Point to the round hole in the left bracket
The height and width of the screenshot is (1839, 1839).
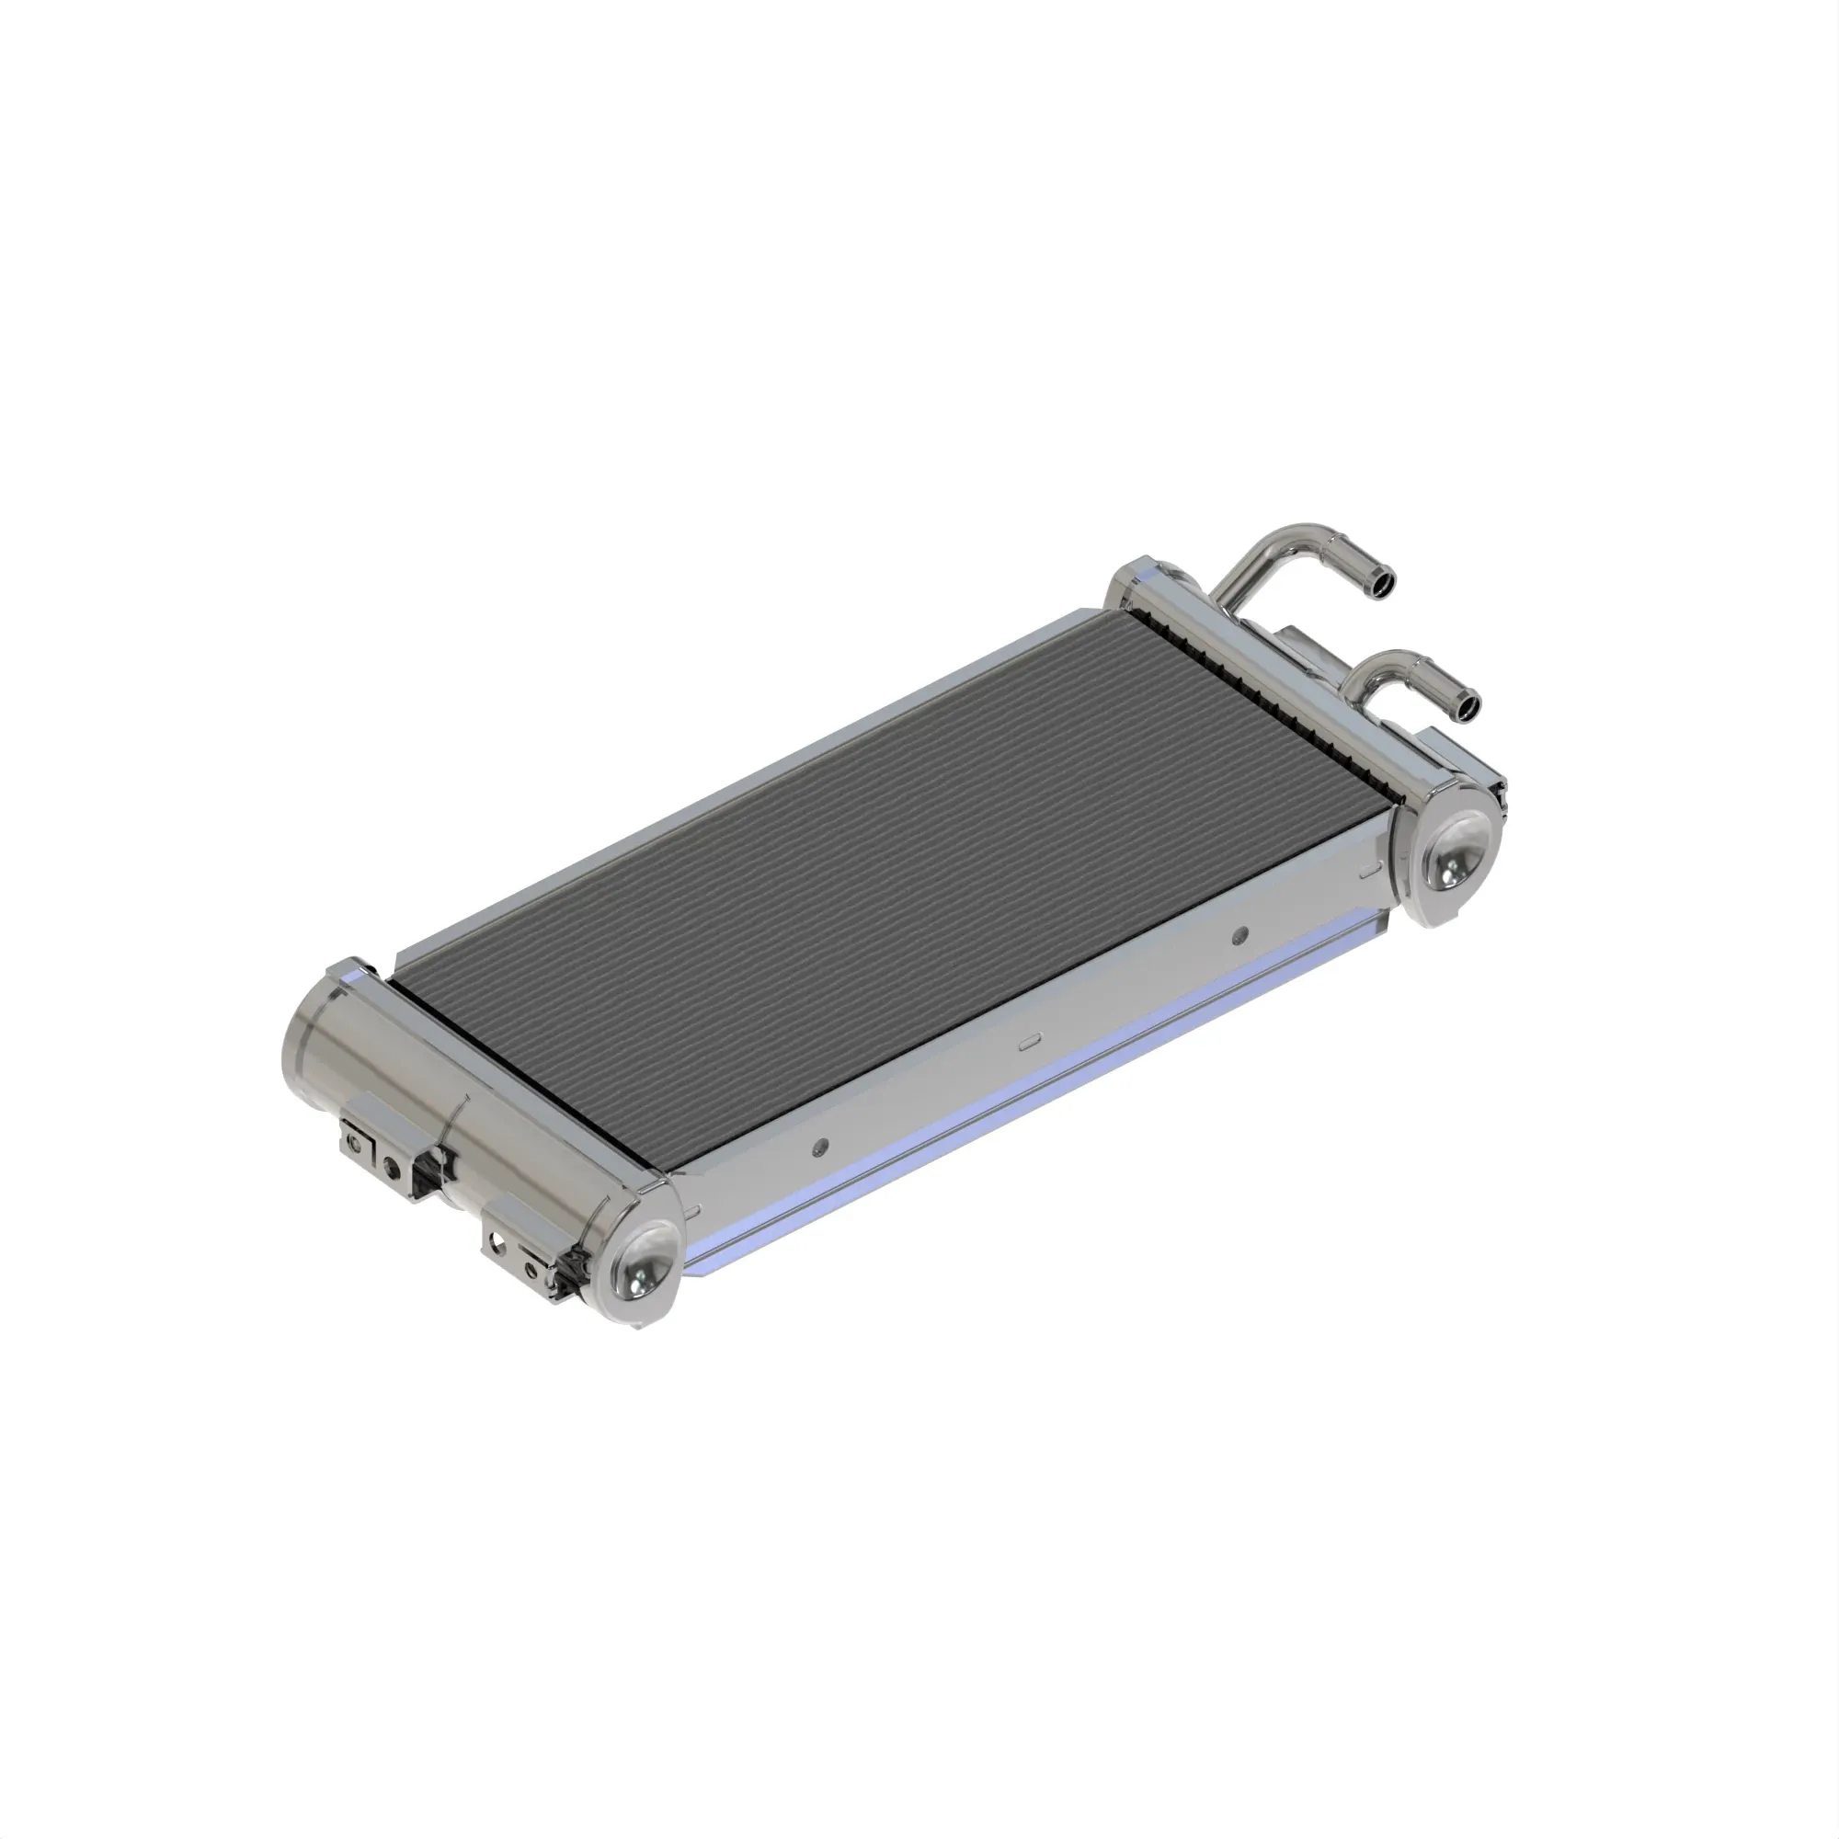391,1164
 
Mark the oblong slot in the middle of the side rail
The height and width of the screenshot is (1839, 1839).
1028,1044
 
